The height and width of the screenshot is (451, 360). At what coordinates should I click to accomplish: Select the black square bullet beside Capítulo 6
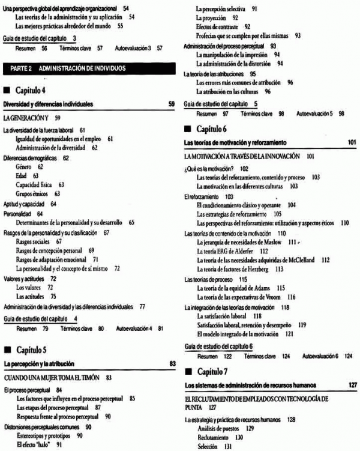pos(188,129)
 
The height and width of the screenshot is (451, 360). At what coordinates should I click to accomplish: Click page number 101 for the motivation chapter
pos(352,142)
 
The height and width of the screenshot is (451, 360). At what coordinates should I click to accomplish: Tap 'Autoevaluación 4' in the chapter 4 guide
pos(136,328)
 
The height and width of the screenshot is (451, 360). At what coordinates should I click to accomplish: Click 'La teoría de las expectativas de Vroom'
pos(241,297)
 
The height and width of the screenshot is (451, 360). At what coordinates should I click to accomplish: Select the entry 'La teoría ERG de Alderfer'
pos(227,250)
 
